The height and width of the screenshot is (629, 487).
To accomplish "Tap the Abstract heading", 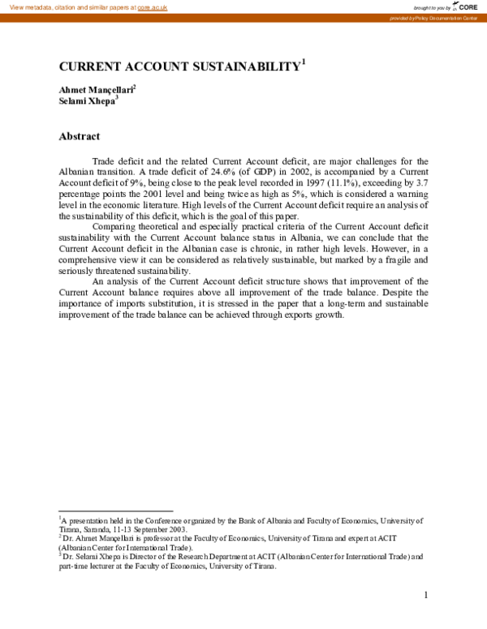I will click(79, 137).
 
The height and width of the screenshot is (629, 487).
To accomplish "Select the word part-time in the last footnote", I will click(73, 566).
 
